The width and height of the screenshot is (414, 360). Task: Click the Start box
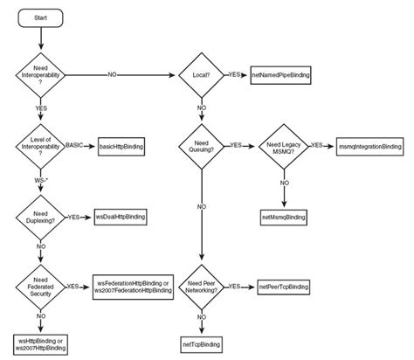click(41, 18)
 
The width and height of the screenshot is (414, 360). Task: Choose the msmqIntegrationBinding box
click(369, 145)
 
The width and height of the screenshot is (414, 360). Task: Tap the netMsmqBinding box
click(283, 214)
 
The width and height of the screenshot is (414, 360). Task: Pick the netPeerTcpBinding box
click(284, 287)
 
